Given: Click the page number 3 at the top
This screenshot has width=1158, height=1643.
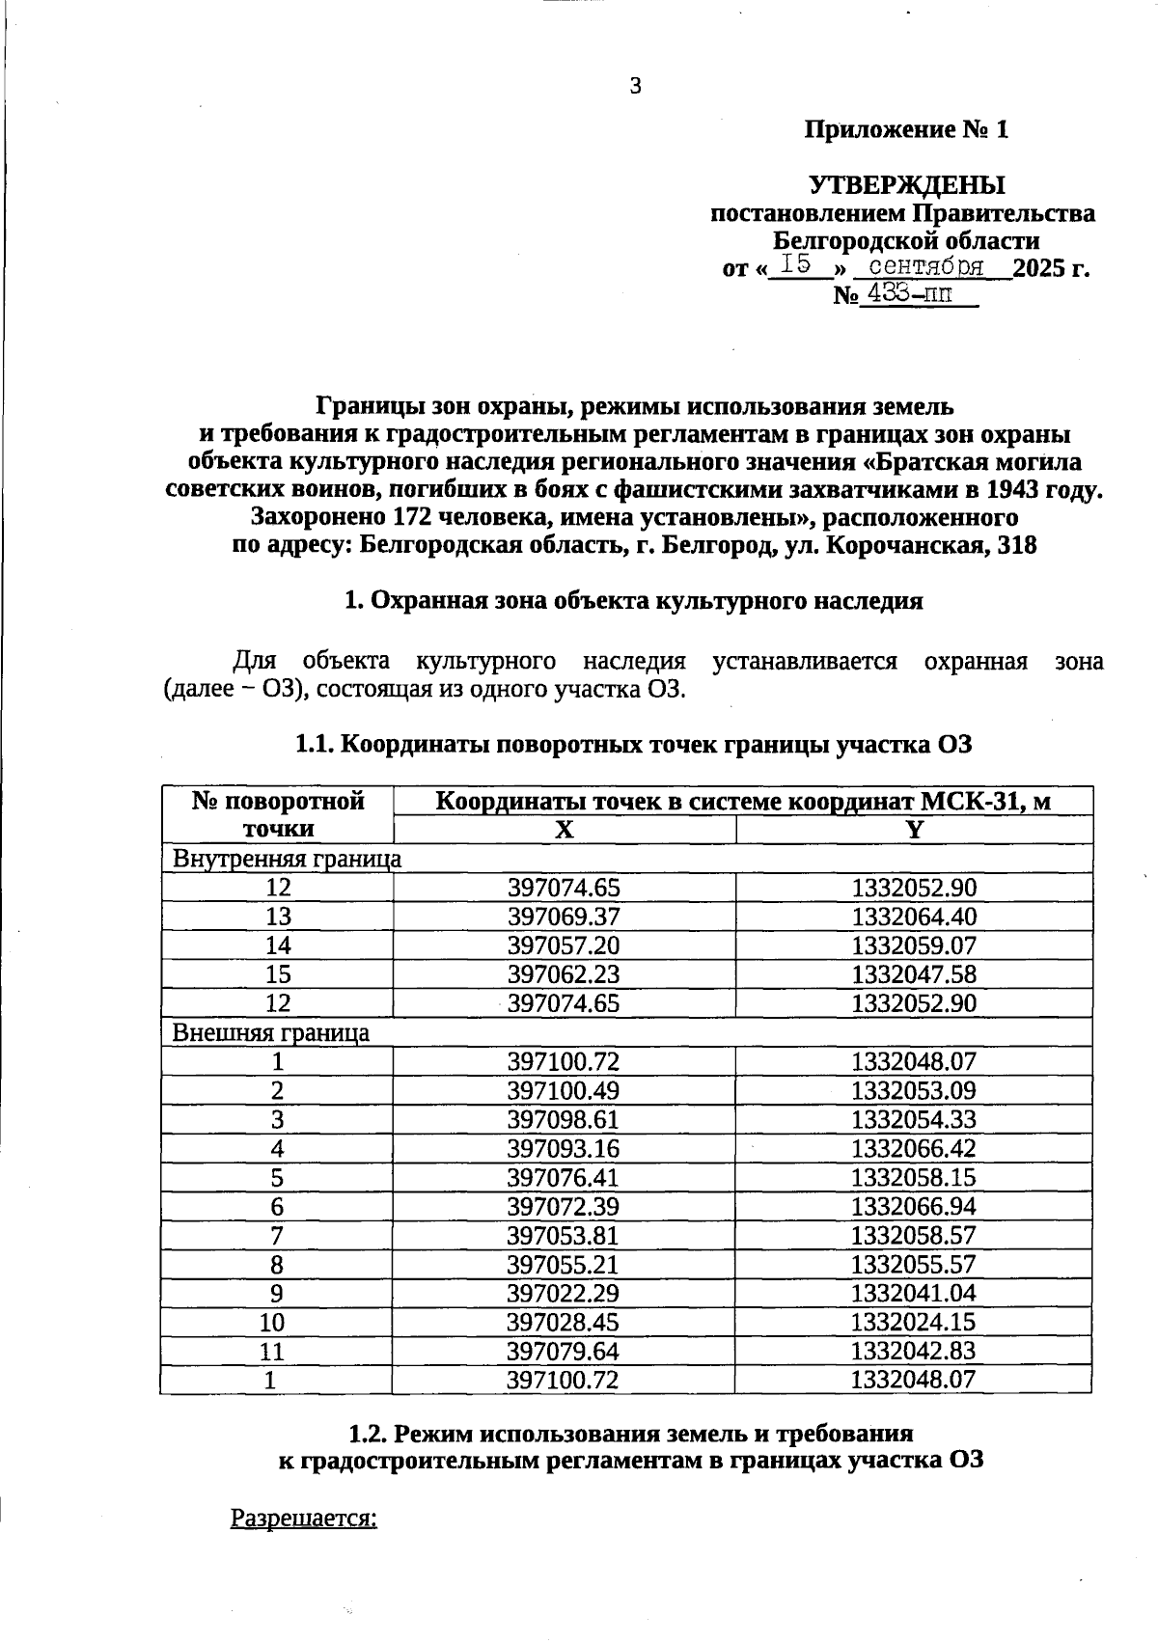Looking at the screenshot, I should (635, 87).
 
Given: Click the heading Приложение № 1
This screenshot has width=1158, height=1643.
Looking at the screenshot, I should (906, 129).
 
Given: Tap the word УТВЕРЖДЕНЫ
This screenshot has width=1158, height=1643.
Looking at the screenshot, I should (906, 184).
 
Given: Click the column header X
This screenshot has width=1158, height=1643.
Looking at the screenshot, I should (564, 830).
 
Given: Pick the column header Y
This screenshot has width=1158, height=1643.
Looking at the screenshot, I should (913, 830).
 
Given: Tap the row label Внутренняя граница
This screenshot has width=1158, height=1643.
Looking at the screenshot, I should (287, 859).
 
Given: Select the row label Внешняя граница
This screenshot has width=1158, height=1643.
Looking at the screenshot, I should (270, 1032).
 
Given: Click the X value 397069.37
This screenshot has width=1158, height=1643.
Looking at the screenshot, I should (564, 917).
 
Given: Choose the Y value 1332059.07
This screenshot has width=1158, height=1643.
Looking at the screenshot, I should (913, 945).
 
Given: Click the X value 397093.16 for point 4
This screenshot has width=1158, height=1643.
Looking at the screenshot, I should (564, 1148).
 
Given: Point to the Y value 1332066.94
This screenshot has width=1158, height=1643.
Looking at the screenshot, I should (913, 1206).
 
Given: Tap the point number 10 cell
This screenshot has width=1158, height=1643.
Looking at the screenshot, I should (277, 1322).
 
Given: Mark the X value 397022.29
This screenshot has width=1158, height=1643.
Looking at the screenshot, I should (564, 1293).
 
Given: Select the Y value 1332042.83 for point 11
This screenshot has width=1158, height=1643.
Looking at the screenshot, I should (913, 1351).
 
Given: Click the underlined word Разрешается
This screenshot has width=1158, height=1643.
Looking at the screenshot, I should (303, 1518).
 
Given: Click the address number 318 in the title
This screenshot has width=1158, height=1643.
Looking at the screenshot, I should (1017, 545).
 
